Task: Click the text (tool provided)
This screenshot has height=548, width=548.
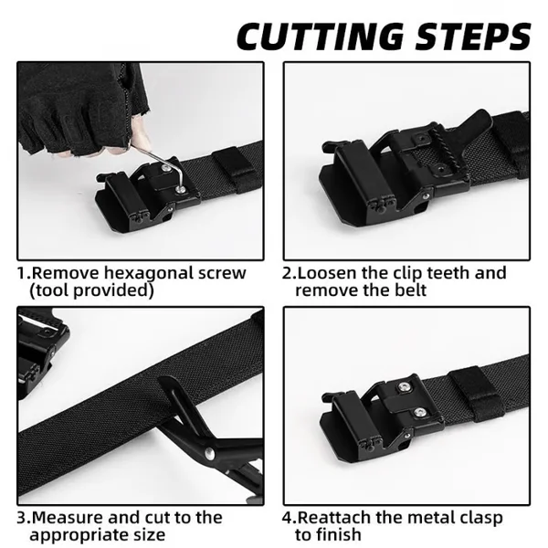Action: pyautogui.click(x=91, y=290)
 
